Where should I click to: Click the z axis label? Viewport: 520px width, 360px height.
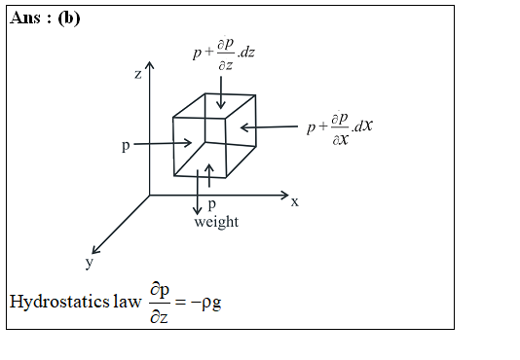click(x=138, y=75)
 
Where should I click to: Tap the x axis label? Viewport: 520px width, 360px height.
click(x=294, y=201)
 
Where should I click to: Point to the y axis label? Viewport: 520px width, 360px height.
click(x=90, y=264)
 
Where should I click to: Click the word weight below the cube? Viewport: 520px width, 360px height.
click(x=216, y=223)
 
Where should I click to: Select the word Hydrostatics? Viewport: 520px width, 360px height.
click(x=59, y=302)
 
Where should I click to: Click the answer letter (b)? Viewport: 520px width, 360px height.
click(x=69, y=18)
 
